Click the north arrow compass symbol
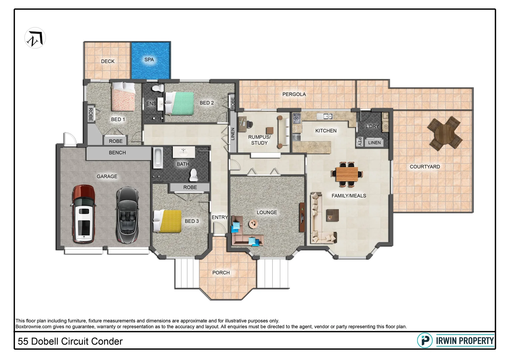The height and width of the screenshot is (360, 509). pos(35,38)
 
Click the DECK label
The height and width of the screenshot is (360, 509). pos(108,61)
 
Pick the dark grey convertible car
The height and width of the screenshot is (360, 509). pos(127,214)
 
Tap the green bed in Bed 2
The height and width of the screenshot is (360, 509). pos(180,103)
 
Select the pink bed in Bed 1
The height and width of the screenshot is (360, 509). pos(123,97)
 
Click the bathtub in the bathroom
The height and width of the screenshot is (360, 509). pos(158,158)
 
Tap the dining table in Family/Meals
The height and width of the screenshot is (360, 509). pos(347,173)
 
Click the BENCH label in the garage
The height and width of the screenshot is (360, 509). pos(117,153)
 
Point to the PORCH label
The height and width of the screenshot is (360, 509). pos(221,273)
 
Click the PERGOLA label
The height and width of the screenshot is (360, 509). pos(294,94)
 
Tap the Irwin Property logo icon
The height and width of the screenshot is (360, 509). pos(425,340)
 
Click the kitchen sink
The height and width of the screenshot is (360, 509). pos(325,116)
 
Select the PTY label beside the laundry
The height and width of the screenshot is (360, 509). pos(359,142)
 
